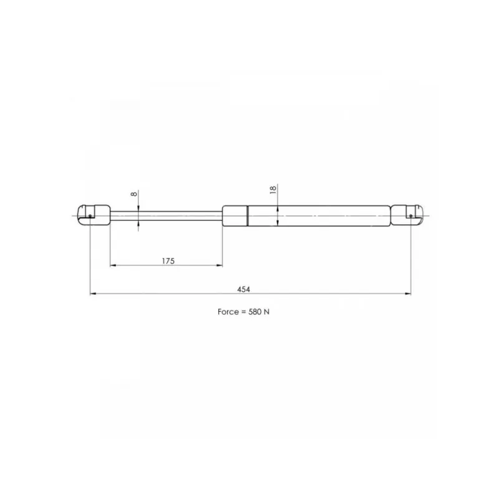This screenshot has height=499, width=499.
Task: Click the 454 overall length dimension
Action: [x=243, y=289]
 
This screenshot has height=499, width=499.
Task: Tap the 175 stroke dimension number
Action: [x=168, y=261]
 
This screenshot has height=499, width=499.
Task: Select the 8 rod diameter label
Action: [x=134, y=193]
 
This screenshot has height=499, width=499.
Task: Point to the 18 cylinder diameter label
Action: [x=273, y=190]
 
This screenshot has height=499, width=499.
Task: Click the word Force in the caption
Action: [x=228, y=312]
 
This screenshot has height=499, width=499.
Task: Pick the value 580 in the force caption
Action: [x=254, y=312]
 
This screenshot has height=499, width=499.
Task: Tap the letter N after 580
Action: [x=266, y=312]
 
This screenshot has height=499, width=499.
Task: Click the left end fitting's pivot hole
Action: [x=90, y=216]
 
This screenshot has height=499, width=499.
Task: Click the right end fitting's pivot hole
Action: [x=411, y=216]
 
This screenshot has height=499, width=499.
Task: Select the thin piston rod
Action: [x=166, y=216]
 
